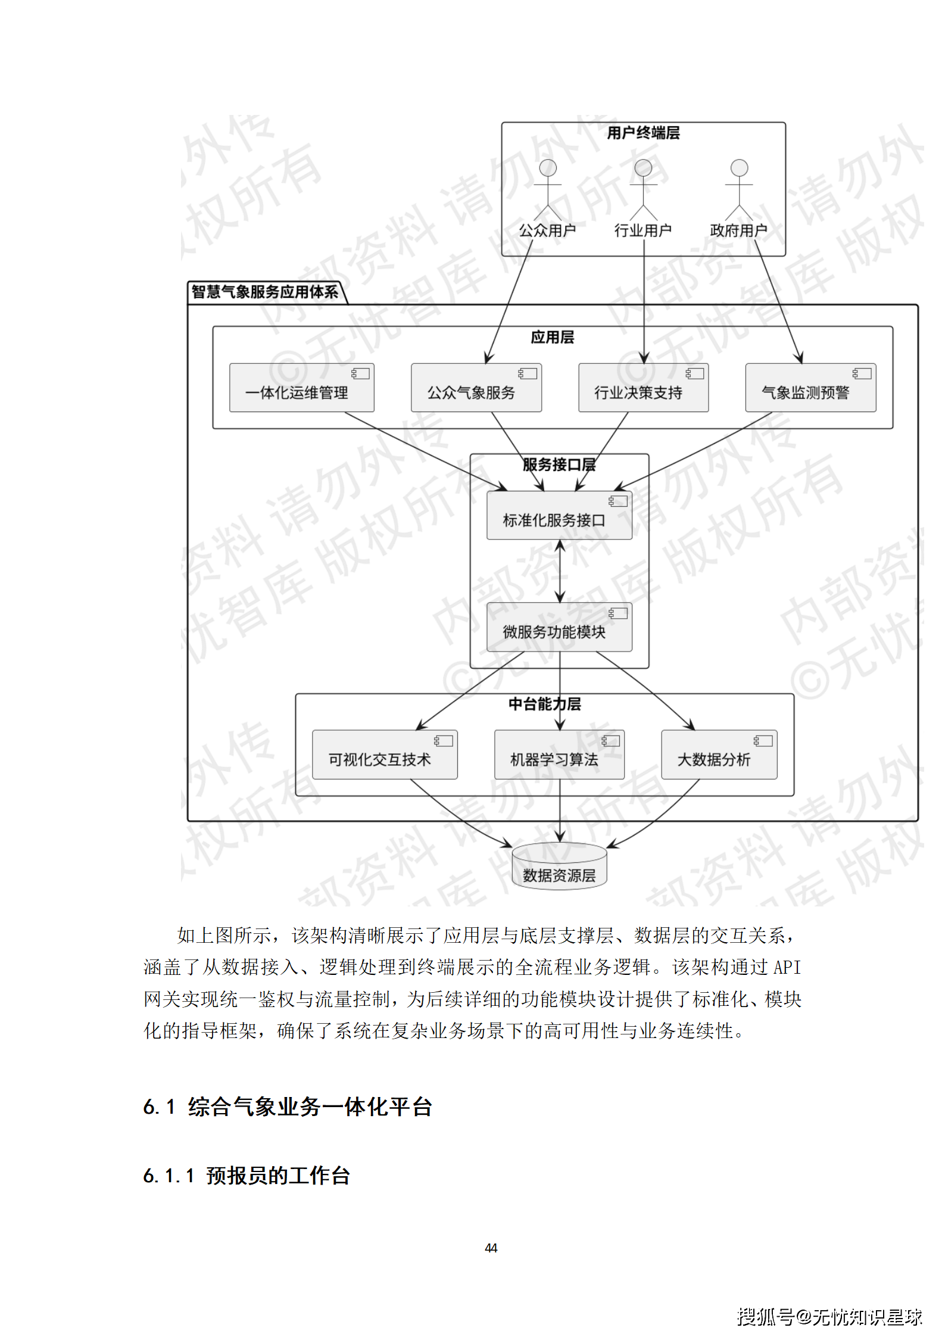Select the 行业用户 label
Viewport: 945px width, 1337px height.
point(643,230)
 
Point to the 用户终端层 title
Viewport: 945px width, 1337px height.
point(643,133)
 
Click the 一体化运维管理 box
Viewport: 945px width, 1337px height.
point(301,388)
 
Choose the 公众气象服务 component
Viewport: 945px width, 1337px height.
point(476,388)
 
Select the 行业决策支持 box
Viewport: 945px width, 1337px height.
point(643,388)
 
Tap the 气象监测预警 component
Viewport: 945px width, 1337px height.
point(810,388)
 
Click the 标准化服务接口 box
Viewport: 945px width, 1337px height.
point(559,516)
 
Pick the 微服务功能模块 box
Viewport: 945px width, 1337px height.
point(559,627)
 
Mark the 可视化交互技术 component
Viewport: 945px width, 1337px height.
point(385,755)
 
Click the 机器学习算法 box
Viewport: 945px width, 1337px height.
point(559,755)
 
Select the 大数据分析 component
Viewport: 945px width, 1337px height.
point(719,755)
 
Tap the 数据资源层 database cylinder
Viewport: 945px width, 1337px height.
point(559,868)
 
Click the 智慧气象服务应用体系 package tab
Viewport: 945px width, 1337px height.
point(265,292)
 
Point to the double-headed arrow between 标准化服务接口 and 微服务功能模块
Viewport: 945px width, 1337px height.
point(560,571)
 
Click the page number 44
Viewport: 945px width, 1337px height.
point(491,1248)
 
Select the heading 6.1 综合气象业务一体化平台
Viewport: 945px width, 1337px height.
point(288,1107)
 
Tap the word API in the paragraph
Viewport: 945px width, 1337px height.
point(787,967)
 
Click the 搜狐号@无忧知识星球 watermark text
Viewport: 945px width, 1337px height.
point(829,1317)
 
